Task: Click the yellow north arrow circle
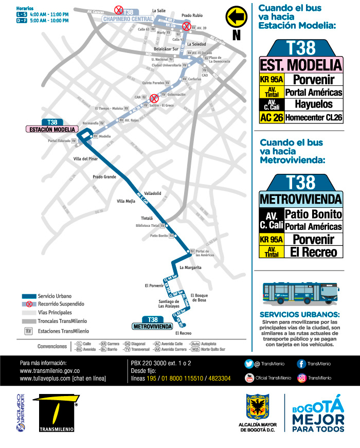[236, 16]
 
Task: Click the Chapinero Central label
[128, 19]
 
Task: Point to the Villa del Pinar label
[86, 159]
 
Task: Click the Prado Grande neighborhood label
[104, 176]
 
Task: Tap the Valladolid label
[153, 193]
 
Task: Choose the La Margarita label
[190, 267]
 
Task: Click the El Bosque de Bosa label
[199, 297]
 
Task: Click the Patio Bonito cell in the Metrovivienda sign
[313, 214]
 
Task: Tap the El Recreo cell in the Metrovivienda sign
[313, 252]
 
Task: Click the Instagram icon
[301, 378]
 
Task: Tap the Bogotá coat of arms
[257, 407]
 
